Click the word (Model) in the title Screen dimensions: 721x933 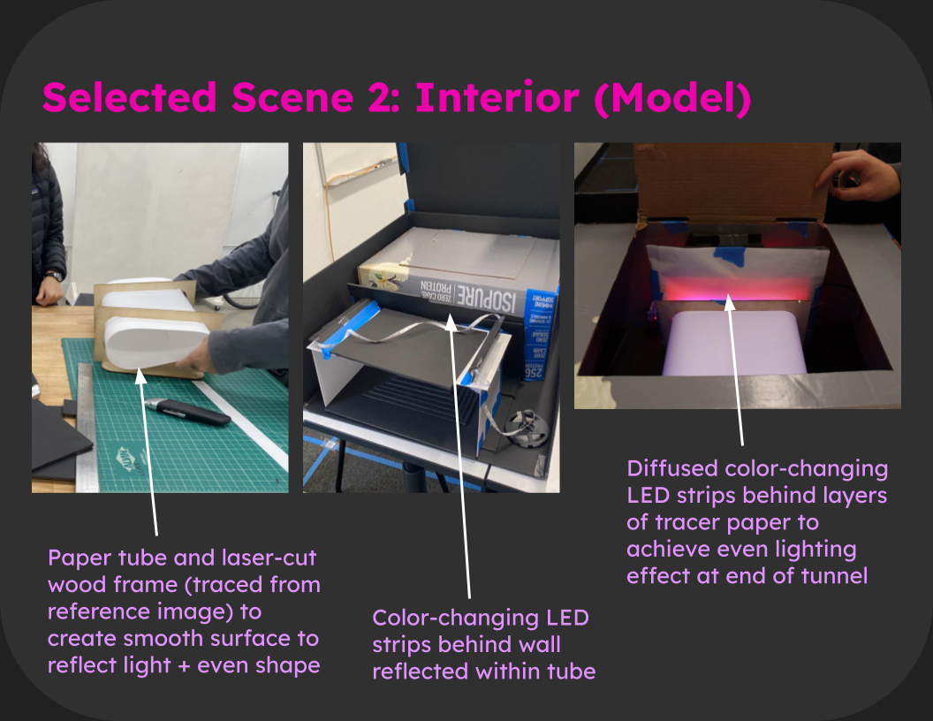(672, 99)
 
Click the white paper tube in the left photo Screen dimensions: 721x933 (155, 340)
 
